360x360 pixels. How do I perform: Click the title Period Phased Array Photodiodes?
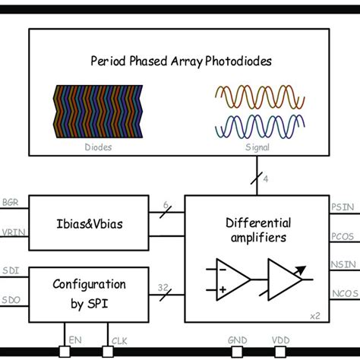click(180, 60)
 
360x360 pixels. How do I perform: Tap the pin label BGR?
click(11, 204)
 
